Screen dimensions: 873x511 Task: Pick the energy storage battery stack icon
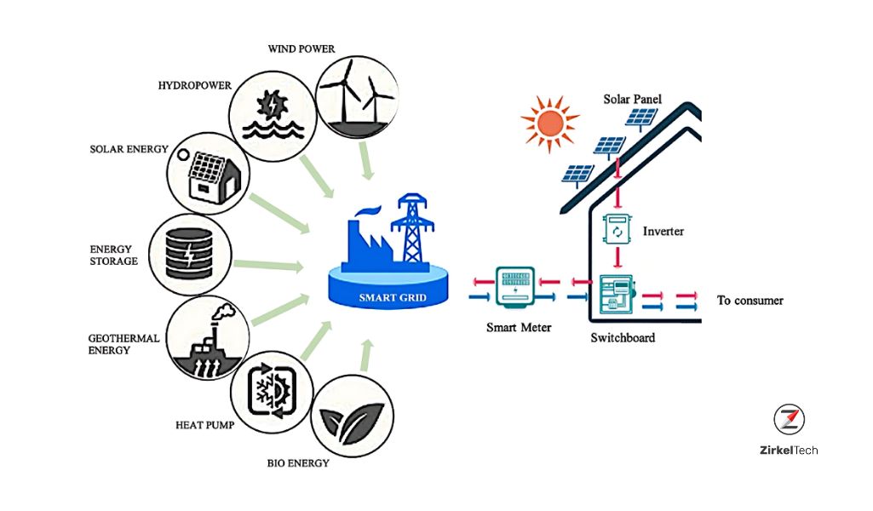(189, 254)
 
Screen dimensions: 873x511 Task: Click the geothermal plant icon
(210, 340)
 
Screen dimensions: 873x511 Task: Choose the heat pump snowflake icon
(273, 390)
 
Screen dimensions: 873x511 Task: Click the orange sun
(550, 124)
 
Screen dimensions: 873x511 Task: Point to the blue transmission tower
(412, 228)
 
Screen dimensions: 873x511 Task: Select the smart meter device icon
(515, 287)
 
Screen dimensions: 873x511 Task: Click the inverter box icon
(617, 230)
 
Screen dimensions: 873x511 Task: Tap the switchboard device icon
(617, 295)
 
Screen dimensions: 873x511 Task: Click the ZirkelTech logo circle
(789, 419)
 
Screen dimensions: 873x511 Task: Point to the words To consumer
(750, 301)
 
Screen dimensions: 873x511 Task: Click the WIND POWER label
(302, 49)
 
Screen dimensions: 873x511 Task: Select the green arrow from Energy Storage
(268, 266)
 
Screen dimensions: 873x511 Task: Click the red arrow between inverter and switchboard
(617, 258)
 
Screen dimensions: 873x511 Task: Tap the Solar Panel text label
(633, 99)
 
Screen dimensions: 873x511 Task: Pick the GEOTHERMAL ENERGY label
(123, 344)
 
